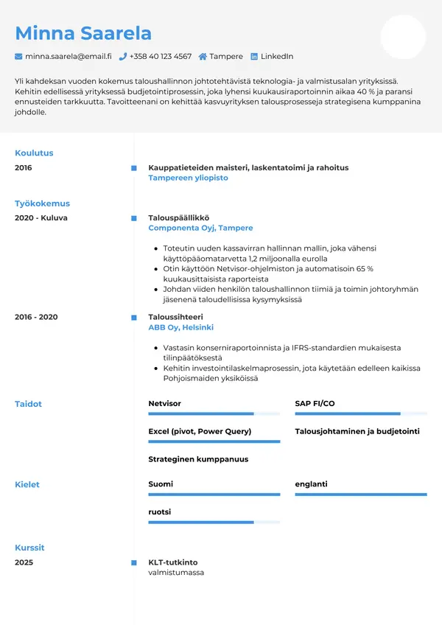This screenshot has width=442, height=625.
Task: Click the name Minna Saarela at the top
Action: point(83,33)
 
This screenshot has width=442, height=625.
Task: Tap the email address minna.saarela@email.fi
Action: point(68,56)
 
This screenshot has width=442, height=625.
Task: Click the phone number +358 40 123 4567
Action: point(160,56)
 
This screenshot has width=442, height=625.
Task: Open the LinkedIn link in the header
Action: point(276,56)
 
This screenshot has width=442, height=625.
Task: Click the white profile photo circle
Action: point(403,37)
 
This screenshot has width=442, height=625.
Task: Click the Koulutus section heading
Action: point(34,153)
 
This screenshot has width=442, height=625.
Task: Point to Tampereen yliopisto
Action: point(188,178)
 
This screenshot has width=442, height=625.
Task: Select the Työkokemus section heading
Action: point(42,203)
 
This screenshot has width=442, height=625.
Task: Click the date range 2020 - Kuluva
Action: point(41,218)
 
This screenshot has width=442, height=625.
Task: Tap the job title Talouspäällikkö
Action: point(178,218)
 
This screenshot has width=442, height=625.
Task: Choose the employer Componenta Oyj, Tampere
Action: point(200,228)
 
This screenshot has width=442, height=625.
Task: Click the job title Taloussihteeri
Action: point(175,317)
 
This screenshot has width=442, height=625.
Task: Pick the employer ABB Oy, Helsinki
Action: point(180,327)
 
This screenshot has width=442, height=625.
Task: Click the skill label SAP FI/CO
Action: point(315,404)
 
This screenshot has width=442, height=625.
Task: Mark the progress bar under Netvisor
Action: point(214,414)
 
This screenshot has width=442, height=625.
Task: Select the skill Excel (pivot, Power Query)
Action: point(200,431)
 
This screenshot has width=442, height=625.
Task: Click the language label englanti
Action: point(311,484)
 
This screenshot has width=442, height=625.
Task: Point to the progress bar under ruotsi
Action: point(214,522)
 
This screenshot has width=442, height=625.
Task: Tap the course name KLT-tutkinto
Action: point(172,562)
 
